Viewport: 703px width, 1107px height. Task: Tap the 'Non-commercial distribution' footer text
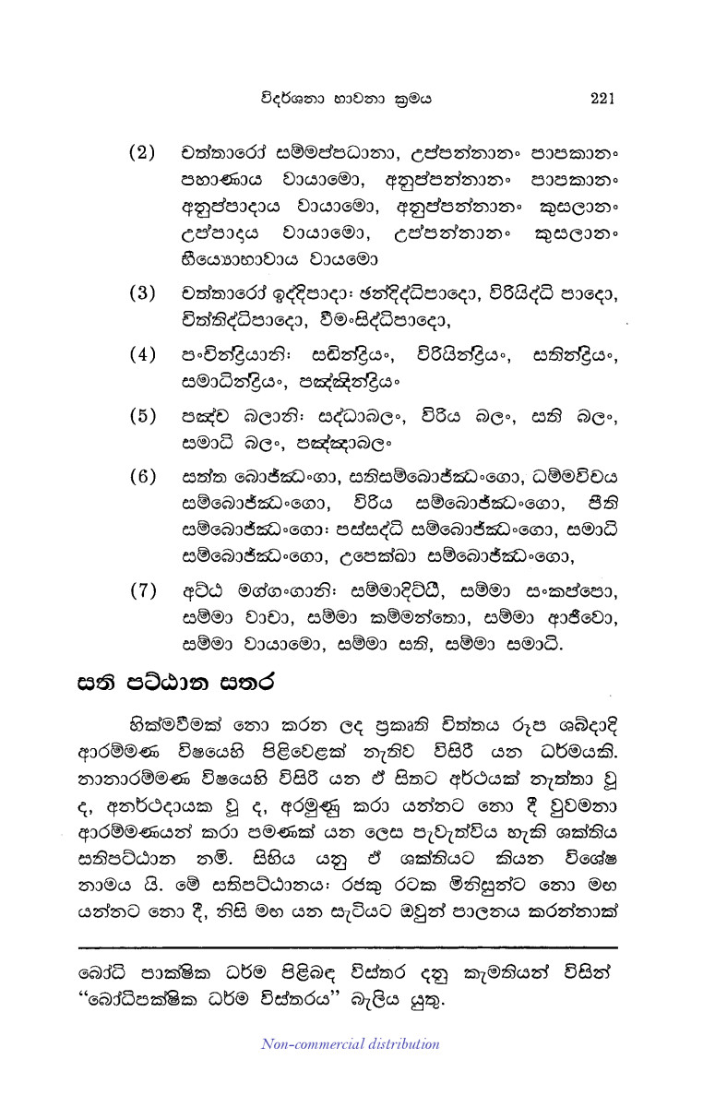pyautogui.click(x=351, y=1044)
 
